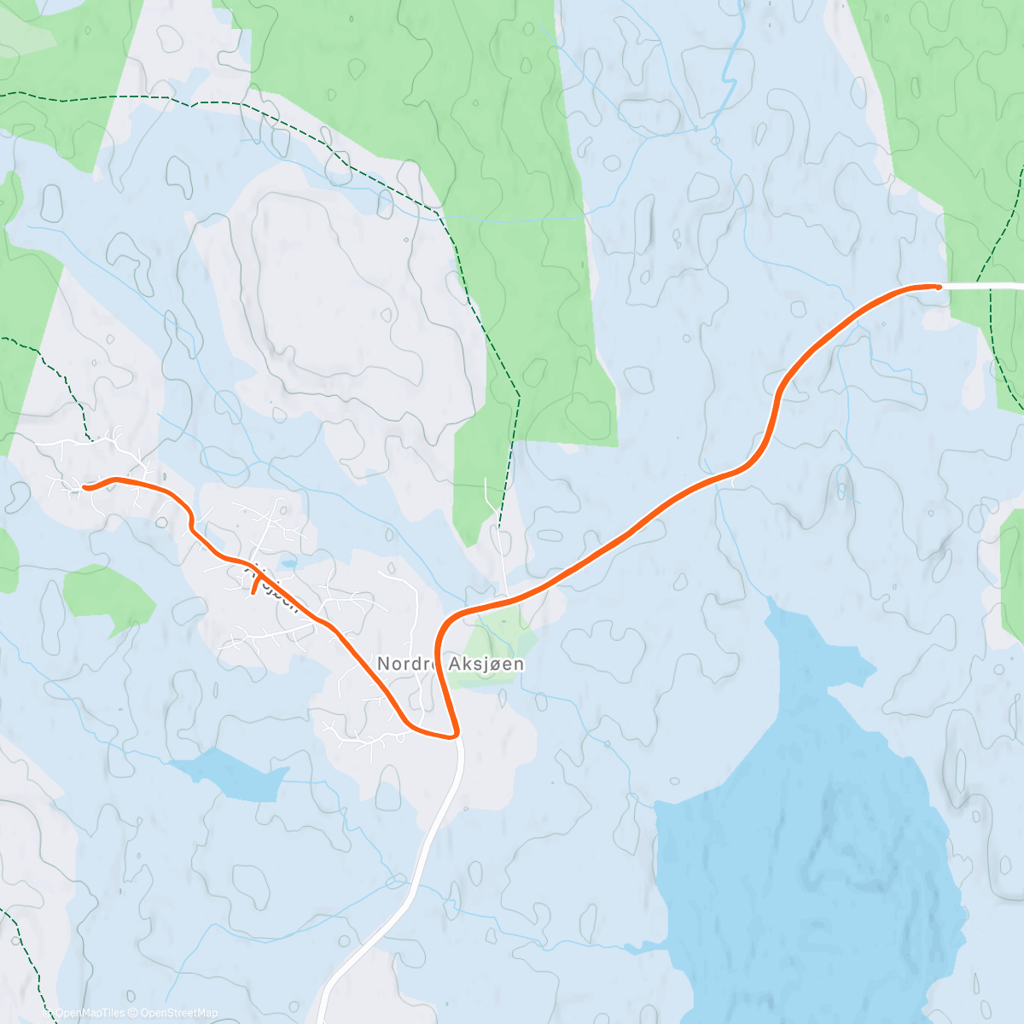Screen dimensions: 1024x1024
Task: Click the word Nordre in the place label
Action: coord(404,663)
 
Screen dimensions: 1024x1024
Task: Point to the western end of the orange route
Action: coord(85,487)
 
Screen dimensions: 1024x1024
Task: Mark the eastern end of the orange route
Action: coord(939,287)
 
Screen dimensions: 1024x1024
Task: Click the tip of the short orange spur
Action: coord(253,591)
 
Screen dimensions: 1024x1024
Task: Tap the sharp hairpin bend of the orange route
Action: coord(456,733)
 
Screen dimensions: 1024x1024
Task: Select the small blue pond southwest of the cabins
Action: coord(230,772)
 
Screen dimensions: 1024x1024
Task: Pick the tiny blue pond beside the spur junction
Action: coord(290,564)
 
